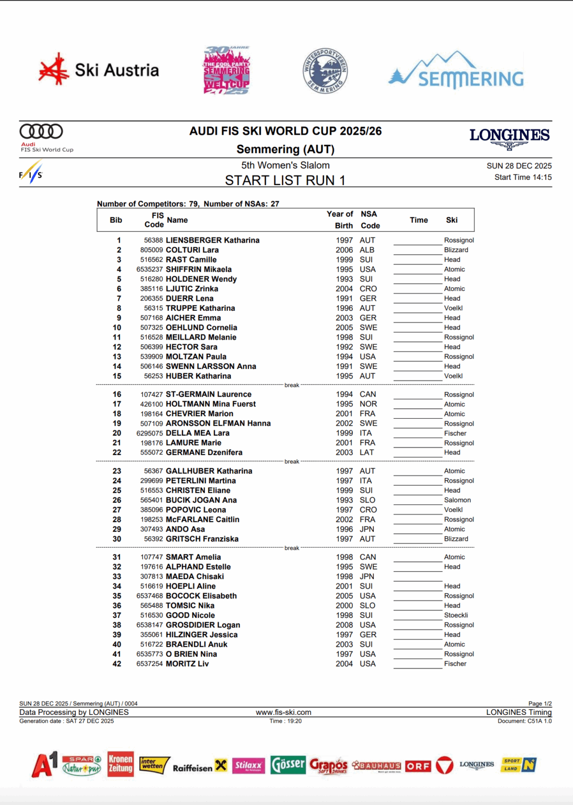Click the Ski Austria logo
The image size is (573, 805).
point(99,70)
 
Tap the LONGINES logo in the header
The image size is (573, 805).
point(509,137)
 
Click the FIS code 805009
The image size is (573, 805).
point(151,250)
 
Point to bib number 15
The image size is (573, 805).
point(116,376)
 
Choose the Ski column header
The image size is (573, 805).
point(451,220)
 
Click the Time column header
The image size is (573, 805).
point(418,220)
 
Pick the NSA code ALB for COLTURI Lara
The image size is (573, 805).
point(367,250)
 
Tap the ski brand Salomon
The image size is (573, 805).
point(457,500)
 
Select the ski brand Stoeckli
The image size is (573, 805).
point(456,615)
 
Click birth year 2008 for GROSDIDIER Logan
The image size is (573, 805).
point(344,625)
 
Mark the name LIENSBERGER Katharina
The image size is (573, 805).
point(212,240)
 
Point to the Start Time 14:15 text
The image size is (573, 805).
point(523,177)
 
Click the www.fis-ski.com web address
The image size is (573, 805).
point(283,712)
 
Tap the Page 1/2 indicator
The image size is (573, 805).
point(539,703)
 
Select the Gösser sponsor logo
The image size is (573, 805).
point(288,765)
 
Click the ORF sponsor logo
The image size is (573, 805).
point(418,766)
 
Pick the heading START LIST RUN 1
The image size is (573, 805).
point(285,180)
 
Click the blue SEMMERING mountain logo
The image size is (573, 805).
point(456,71)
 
